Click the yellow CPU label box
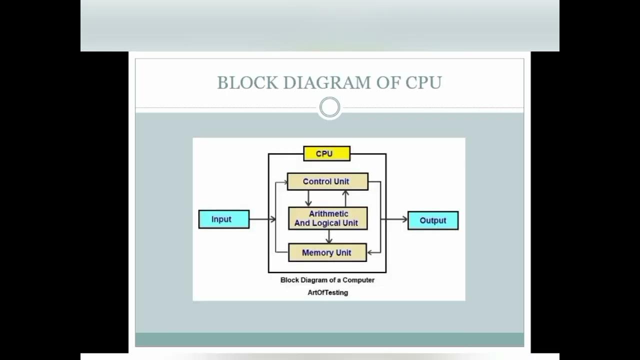pos(326,153)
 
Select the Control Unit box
pos(327,181)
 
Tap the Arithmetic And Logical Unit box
pos(327,218)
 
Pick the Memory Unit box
pos(327,252)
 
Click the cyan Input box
pos(223,219)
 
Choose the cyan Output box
pos(432,220)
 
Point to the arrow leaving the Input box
pos(262,219)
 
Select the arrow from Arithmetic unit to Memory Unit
pos(328,236)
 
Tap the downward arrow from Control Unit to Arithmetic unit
pos(308,198)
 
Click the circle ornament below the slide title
pos(329,107)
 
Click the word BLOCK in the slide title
pos(247,83)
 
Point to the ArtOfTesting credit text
pos(327,292)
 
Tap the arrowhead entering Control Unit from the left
pos(285,182)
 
